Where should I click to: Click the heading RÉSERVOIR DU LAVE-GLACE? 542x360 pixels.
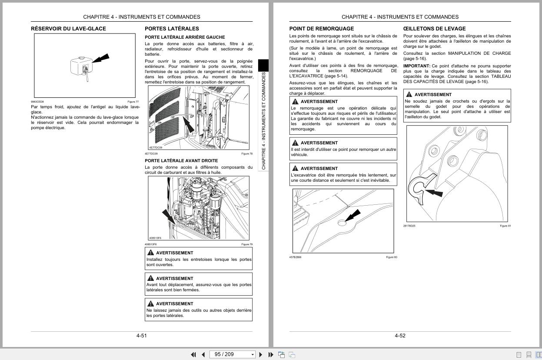point(68,29)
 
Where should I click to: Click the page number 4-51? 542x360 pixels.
point(142,336)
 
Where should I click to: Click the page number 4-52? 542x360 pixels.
point(400,336)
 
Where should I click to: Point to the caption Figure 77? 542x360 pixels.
point(133,102)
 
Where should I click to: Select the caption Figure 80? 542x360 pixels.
point(392,257)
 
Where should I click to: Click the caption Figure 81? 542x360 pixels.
point(505,226)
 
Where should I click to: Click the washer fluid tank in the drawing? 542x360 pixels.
point(80,67)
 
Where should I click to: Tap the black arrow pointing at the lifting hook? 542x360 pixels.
point(434,192)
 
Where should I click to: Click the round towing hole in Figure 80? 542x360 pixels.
point(342,223)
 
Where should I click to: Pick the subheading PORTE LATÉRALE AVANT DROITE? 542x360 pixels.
point(181,161)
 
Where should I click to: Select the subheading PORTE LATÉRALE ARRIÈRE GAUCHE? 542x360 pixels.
point(185,37)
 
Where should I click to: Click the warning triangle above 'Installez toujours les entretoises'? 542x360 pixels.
point(150,253)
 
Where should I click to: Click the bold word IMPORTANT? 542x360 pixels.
point(416,66)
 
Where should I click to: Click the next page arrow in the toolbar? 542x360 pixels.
point(261,354)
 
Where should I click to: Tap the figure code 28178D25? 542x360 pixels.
point(409,226)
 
